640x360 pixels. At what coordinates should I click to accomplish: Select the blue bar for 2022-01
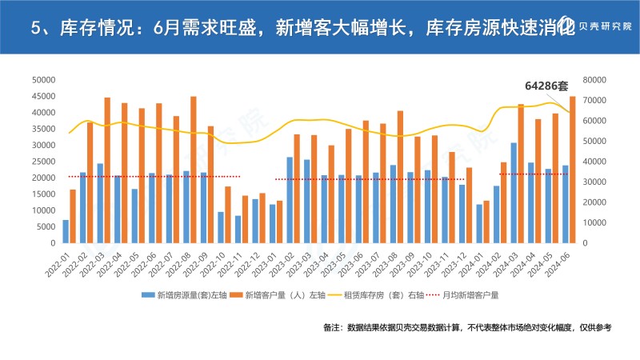click(66, 231)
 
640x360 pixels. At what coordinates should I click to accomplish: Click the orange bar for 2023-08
click(401, 177)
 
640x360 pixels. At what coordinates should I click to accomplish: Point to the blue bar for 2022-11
click(238, 229)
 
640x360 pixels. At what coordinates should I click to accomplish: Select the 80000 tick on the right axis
click(597, 80)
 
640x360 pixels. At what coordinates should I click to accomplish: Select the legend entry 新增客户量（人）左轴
click(275, 295)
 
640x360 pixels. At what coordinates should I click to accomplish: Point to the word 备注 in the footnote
click(332, 328)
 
